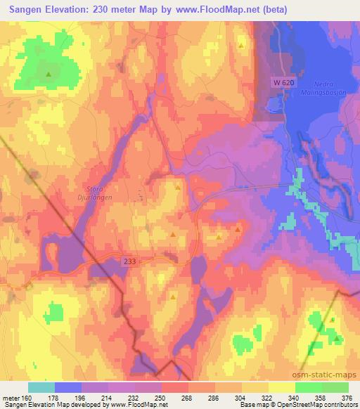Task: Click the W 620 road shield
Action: [x=282, y=83]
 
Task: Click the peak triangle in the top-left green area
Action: [x=49, y=73]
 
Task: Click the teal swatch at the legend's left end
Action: [x=41, y=387]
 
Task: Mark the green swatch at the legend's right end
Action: [x=335, y=387]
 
